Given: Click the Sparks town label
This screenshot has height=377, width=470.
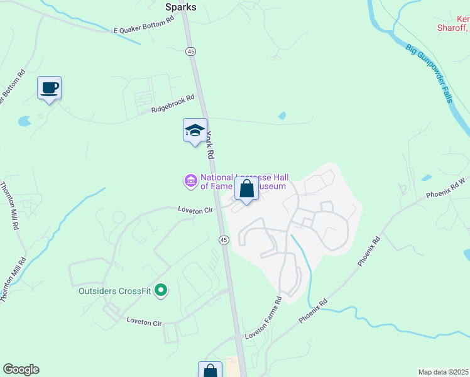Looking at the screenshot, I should click(x=180, y=8).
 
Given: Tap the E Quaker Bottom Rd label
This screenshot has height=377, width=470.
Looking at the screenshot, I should click(x=143, y=26).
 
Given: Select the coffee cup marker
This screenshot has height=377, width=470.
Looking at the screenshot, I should click(x=49, y=88).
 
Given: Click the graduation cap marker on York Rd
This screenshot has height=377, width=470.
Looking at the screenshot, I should click(x=195, y=131).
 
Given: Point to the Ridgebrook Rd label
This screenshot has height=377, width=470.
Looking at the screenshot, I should click(x=173, y=104).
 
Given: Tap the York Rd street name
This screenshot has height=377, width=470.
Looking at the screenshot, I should click(x=211, y=145).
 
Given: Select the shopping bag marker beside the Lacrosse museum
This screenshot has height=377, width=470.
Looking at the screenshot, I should click(x=246, y=188).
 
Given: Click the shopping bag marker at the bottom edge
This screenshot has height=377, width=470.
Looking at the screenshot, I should click(x=210, y=371).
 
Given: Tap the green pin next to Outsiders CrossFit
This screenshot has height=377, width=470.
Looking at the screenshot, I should click(x=161, y=290).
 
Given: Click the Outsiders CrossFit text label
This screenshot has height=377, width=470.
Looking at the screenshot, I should click(x=116, y=291).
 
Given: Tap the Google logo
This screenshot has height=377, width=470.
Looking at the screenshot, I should click(x=21, y=369).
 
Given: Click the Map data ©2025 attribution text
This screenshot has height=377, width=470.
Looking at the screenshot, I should click(x=443, y=372).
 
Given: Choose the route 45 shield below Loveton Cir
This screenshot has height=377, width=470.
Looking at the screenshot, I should click(x=223, y=239).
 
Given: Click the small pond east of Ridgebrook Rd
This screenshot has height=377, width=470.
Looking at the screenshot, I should click(x=282, y=116).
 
